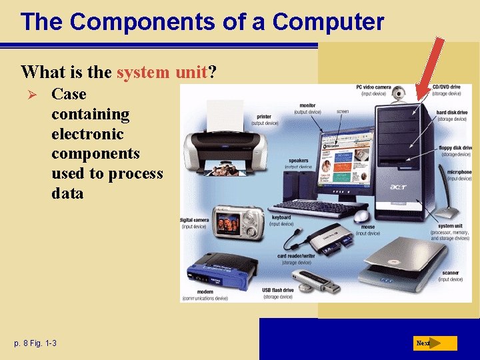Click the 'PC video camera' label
(x=373, y=87)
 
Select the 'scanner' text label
(x=450, y=273)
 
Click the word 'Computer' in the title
(x=328, y=21)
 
